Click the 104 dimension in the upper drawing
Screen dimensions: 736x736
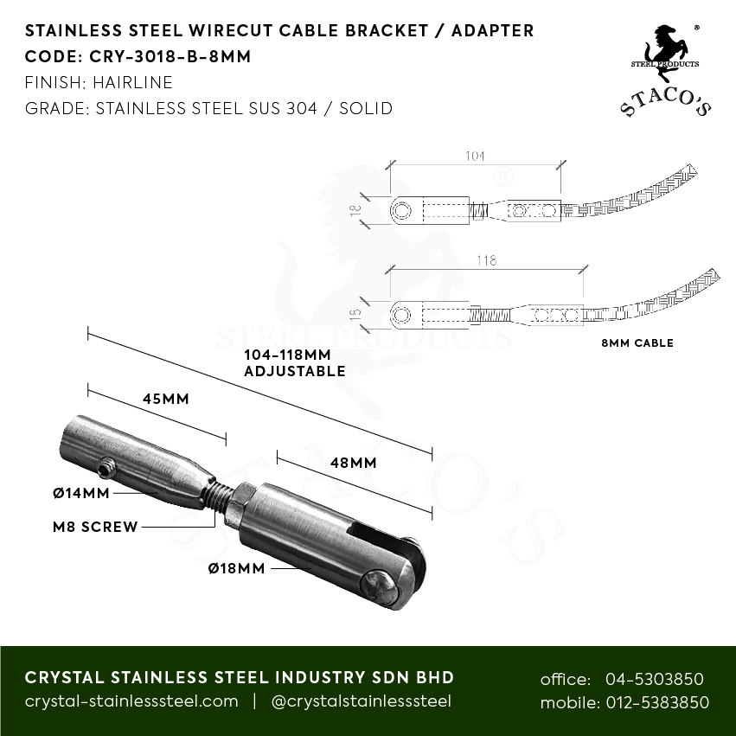click(x=475, y=157)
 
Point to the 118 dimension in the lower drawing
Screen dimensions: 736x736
click(x=487, y=260)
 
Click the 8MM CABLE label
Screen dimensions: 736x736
click(x=637, y=343)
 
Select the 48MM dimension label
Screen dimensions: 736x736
click(x=353, y=463)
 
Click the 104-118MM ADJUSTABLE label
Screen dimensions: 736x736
click(x=294, y=363)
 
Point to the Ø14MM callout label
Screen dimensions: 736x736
click(x=81, y=493)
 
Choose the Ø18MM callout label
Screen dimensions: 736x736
click(x=236, y=568)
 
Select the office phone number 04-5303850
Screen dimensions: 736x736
click(x=656, y=679)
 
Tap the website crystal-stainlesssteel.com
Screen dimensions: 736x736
click(x=131, y=701)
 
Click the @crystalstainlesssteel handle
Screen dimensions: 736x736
click(x=361, y=701)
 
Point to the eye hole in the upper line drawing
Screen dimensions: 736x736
click(x=402, y=210)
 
